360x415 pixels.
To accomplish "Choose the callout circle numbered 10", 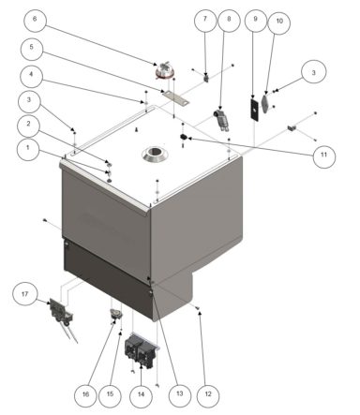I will click(x=278, y=22).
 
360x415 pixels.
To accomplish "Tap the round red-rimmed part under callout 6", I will click(x=166, y=67).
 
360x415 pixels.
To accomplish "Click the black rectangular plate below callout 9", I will click(x=253, y=106).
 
